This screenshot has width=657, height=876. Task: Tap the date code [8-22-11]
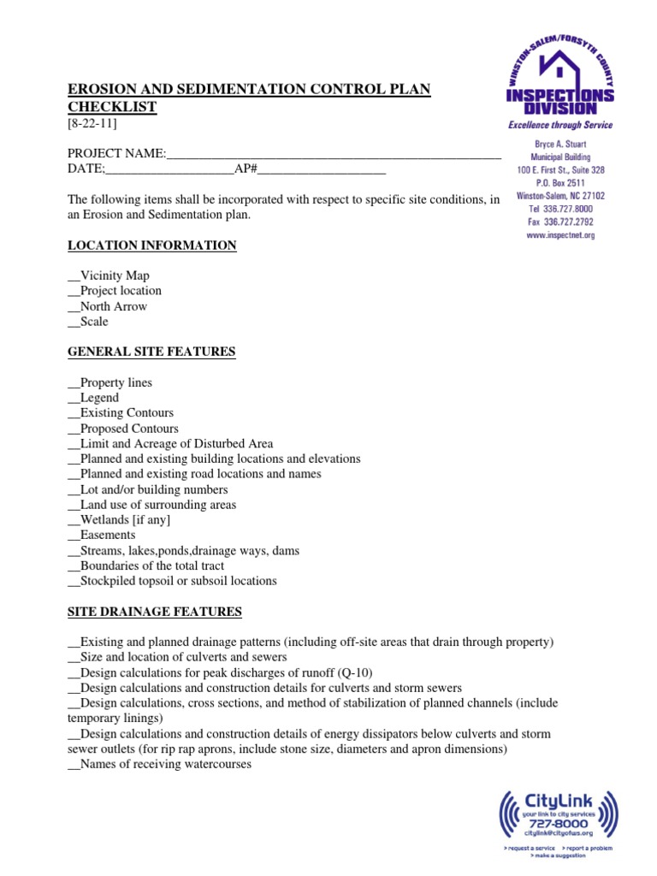[92, 123]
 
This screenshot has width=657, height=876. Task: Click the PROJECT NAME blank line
[334, 154]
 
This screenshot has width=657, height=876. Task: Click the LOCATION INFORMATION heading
[152, 246]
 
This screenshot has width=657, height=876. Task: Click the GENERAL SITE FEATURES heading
[151, 352]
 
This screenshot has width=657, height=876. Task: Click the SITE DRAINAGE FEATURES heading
[155, 612]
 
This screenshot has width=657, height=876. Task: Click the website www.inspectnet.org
[560, 234]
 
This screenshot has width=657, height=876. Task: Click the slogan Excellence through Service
[560, 125]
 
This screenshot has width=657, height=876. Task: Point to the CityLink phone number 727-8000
[558, 824]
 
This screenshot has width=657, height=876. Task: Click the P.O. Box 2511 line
[560, 183]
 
